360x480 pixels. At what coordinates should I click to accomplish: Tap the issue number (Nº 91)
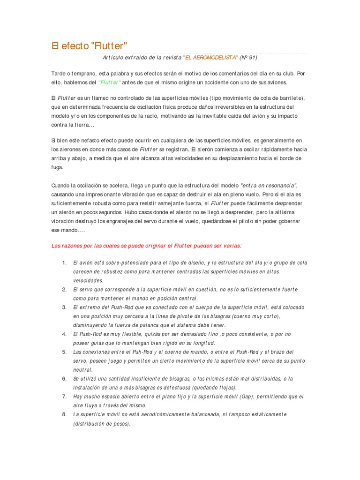click(248, 58)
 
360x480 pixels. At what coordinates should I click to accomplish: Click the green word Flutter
click(110, 82)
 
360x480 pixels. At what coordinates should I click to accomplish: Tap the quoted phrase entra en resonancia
click(269, 185)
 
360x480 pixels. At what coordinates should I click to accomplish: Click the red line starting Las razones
click(146, 245)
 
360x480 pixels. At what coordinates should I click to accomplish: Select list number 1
click(64, 263)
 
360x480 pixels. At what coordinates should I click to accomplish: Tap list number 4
click(64, 334)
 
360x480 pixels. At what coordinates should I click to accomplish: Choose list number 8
click(64, 414)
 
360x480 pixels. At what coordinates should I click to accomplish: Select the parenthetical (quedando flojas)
click(213, 388)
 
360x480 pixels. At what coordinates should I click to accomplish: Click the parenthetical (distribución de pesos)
click(101, 423)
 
